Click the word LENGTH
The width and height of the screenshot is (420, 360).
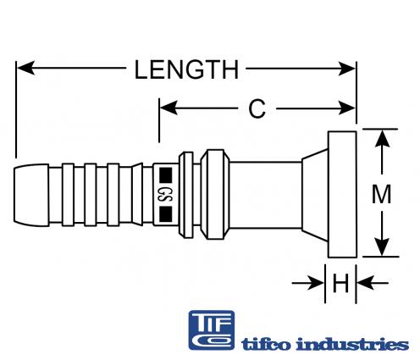pos(186,69)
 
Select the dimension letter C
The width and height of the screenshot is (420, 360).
pos(257,108)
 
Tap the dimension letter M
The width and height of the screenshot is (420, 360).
pos(381,194)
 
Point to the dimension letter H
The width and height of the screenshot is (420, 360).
pos(340,283)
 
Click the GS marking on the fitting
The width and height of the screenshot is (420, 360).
pos(165,194)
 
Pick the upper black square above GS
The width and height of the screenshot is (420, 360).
pos(166,174)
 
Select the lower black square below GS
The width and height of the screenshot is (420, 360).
pos(166,213)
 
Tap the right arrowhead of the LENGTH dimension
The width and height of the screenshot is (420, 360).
pos(346,69)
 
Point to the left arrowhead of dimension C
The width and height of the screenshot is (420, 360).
pos(169,108)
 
